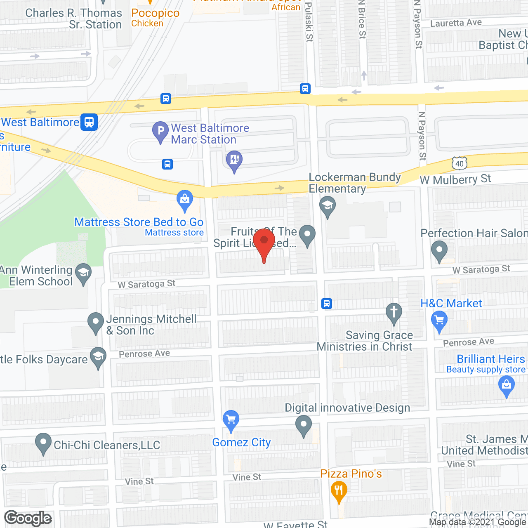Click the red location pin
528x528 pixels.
[x=264, y=242]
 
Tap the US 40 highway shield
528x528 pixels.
[x=460, y=163]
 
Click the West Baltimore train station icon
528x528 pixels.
[x=89, y=122]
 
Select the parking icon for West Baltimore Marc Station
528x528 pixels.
[x=160, y=131]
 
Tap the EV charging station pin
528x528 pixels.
[x=234, y=160]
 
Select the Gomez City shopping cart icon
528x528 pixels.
[x=231, y=420]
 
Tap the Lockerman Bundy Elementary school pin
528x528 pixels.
[x=328, y=205]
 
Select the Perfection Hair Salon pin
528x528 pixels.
[x=439, y=250]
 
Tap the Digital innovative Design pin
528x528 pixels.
[x=304, y=424]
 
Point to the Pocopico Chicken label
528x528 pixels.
[x=155, y=18]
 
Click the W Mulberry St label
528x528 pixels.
[x=455, y=179]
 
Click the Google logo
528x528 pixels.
[x=28, y=518]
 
